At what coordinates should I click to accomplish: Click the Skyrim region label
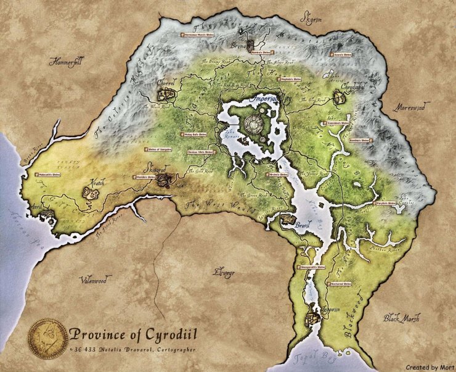(311, 19)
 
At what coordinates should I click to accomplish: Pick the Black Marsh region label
(402, 319)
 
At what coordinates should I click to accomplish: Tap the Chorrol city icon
(165, 94)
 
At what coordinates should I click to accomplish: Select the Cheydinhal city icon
(338, 97)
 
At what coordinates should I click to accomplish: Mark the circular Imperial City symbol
(254, 124)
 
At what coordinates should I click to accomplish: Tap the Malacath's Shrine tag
(48, 175)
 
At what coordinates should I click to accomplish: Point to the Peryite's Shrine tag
(389, 202)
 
